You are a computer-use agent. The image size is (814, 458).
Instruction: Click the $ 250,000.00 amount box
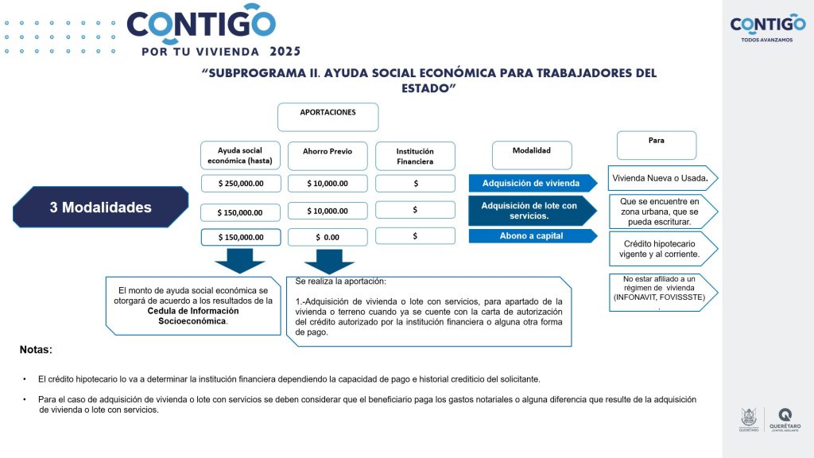240,184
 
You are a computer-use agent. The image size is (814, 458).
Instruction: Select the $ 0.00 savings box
328,237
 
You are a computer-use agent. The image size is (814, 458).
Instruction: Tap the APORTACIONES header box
328,116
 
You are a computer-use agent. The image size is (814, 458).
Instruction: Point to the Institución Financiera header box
415,156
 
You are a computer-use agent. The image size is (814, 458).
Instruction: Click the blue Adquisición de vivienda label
531,183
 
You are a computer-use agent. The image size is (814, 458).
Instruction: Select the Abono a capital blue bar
531,235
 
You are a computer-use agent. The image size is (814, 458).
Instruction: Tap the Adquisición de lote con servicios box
531,210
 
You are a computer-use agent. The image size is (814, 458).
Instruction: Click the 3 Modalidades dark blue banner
100,208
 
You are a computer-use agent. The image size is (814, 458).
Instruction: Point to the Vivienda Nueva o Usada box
660,177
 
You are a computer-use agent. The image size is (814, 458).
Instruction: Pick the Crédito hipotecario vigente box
661,249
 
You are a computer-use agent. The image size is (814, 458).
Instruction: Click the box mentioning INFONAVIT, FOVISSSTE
659,292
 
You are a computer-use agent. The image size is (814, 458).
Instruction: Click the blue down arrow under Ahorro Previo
328,261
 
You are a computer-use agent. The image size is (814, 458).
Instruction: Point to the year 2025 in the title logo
285,52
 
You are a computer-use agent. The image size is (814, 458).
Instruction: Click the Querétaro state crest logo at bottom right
749,419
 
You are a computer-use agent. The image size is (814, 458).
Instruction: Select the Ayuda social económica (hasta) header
240,156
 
